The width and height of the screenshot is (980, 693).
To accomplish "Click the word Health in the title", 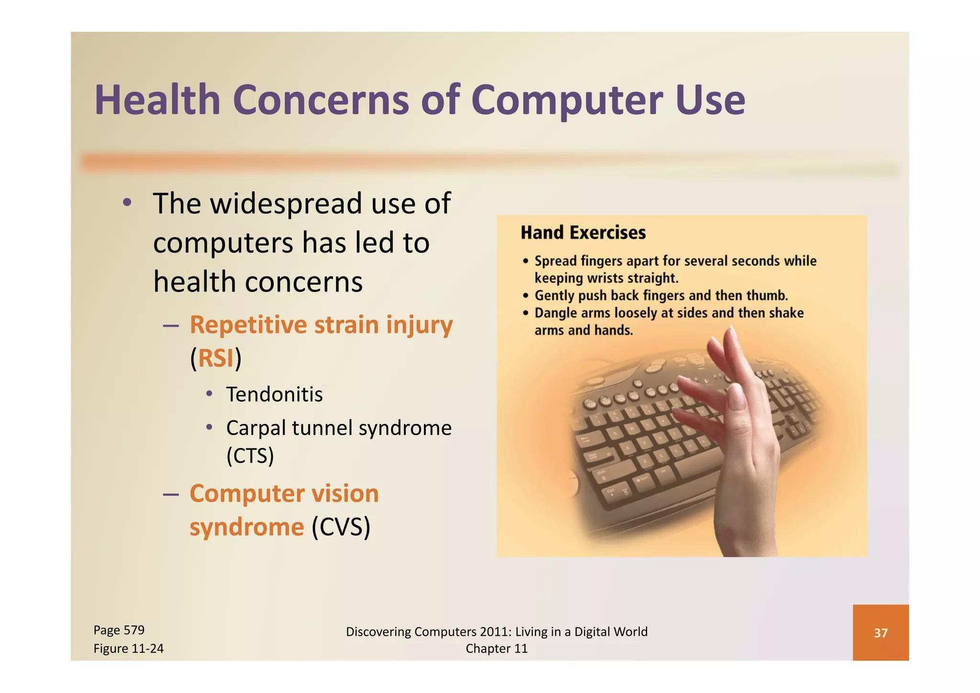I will pyautogui.click(x=157, y=100).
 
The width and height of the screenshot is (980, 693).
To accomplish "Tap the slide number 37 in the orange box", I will pyautogui.click(x=880, y=633).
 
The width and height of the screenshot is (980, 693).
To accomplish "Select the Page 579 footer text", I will pyautogui.click(x=119, y=630).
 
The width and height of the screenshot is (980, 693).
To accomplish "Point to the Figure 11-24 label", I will pyautogui.click(x=128, y=648).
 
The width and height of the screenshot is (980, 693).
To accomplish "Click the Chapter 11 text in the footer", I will pyautogui.click(x=496, y=648).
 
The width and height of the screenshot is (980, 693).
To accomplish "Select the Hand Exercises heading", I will pyautogui.click(x=583, y=233).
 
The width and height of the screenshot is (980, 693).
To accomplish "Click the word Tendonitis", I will pyautogui.click(x=274, y=394).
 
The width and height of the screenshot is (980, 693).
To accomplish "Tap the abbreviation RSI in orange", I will pyautogui.click(x=215, y=358).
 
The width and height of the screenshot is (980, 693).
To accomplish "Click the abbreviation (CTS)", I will pyautogui.click(x=250, y=455).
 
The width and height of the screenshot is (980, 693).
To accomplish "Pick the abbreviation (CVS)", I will pyautogui.click(x=341, y=527).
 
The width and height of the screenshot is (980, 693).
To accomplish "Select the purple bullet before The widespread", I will pyautogui.click(x=127, y=202).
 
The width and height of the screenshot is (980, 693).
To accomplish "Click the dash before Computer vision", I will pyautogui.click(x=170, y=494).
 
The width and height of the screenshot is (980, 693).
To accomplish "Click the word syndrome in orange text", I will pyautogui.click(x=246, y=527).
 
